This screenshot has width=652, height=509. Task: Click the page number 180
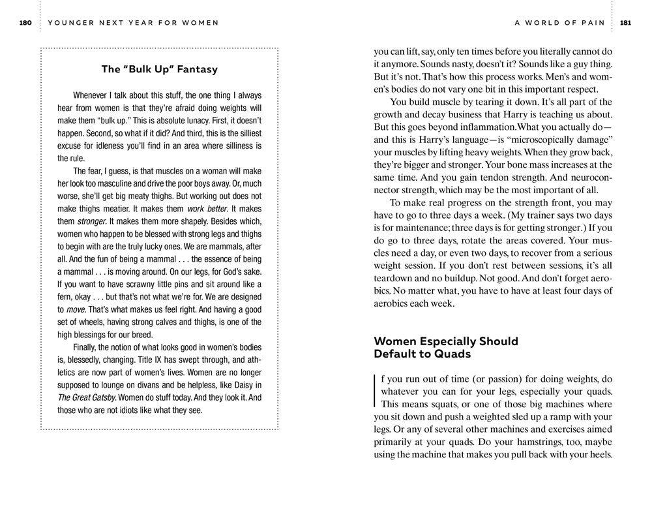[x=25, y=23]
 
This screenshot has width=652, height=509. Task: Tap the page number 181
[x=625, y=23]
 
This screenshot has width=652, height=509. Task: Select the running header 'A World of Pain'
[x=559, y=23]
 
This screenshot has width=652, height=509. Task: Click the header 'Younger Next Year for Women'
[x=134, y=23]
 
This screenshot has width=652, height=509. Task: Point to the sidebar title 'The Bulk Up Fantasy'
[x=160, y=69]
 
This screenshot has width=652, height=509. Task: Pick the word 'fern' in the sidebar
[x=66, y=297]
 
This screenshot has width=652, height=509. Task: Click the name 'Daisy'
[x=235, y=385]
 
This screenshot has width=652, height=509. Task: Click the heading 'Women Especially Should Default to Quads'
[x=446, y=348]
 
